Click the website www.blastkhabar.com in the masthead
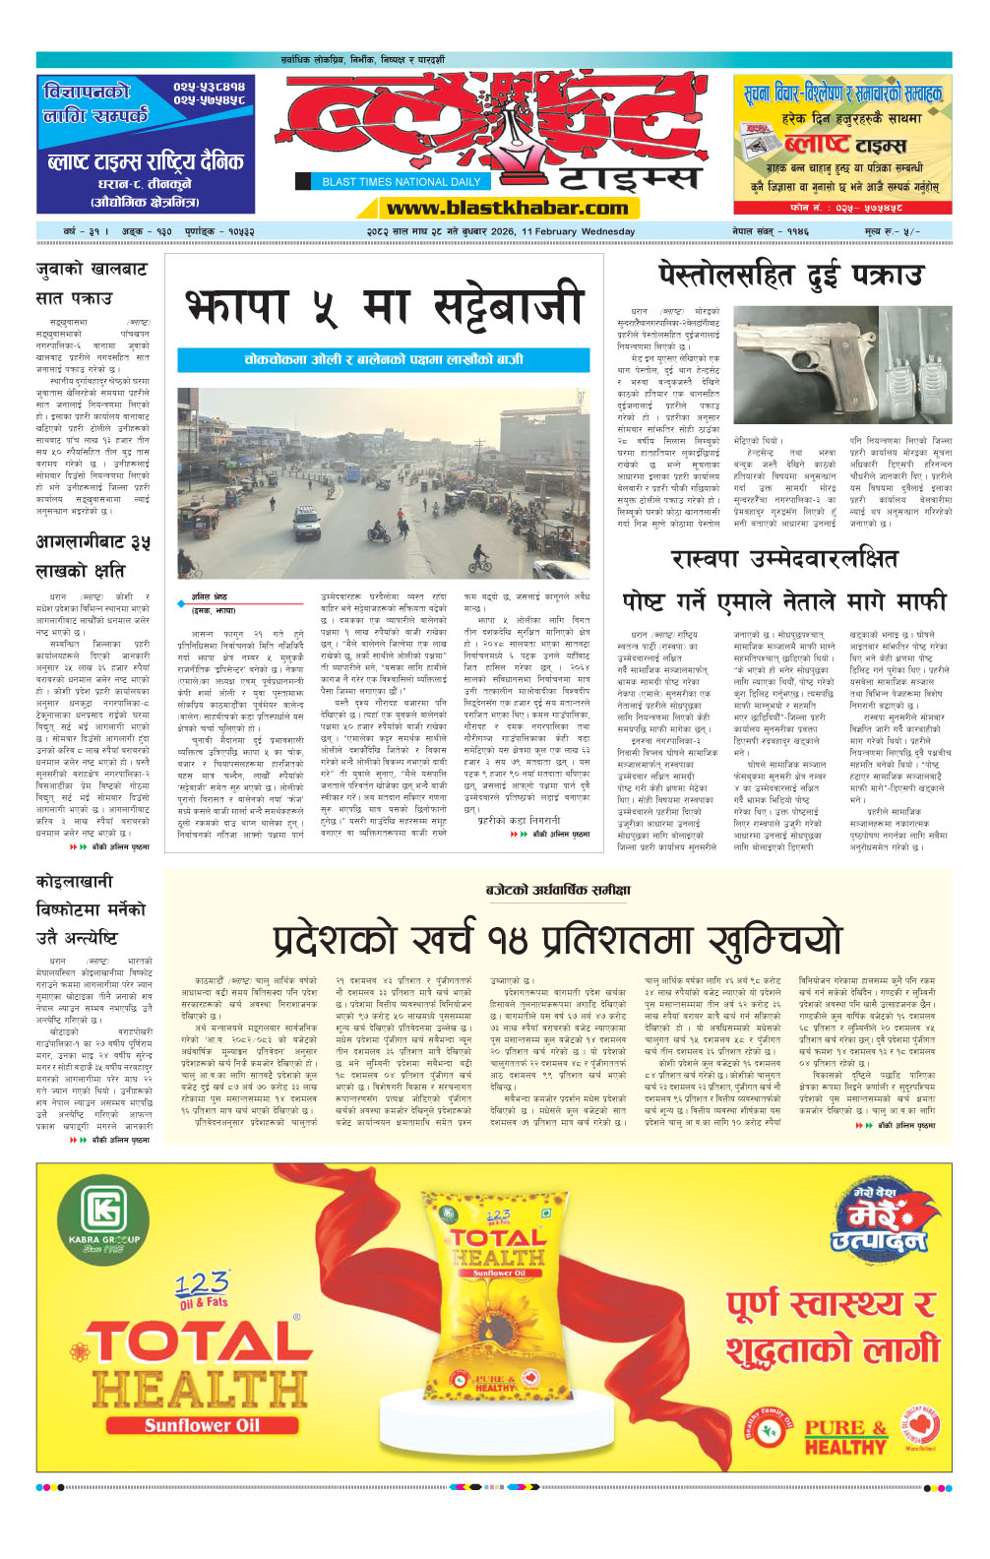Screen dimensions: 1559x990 [x=507, y=208]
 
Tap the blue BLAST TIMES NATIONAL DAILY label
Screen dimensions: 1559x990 [x=401, y=181]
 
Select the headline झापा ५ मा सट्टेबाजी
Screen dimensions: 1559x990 [x=384, y=306]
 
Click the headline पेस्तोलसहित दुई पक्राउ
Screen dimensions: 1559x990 [x=790, y=275]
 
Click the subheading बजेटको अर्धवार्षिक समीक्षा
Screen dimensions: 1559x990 [x=558, y=890]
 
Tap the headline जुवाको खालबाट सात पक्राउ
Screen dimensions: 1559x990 [x=91, y=282]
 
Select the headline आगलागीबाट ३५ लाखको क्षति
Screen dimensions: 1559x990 [x=93, y=556]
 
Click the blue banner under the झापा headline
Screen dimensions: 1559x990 [x=383, y=360]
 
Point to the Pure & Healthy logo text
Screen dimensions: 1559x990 [x=845, y=1436]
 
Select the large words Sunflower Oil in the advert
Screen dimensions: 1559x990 [x=202, y=1425]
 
